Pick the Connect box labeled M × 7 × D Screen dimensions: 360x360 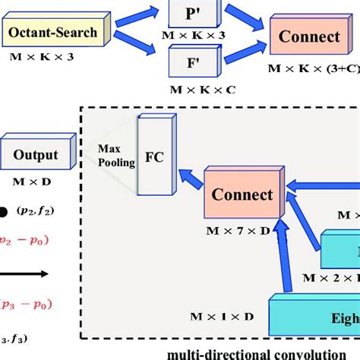click(243, 195)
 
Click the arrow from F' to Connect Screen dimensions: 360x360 click(243, 54)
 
